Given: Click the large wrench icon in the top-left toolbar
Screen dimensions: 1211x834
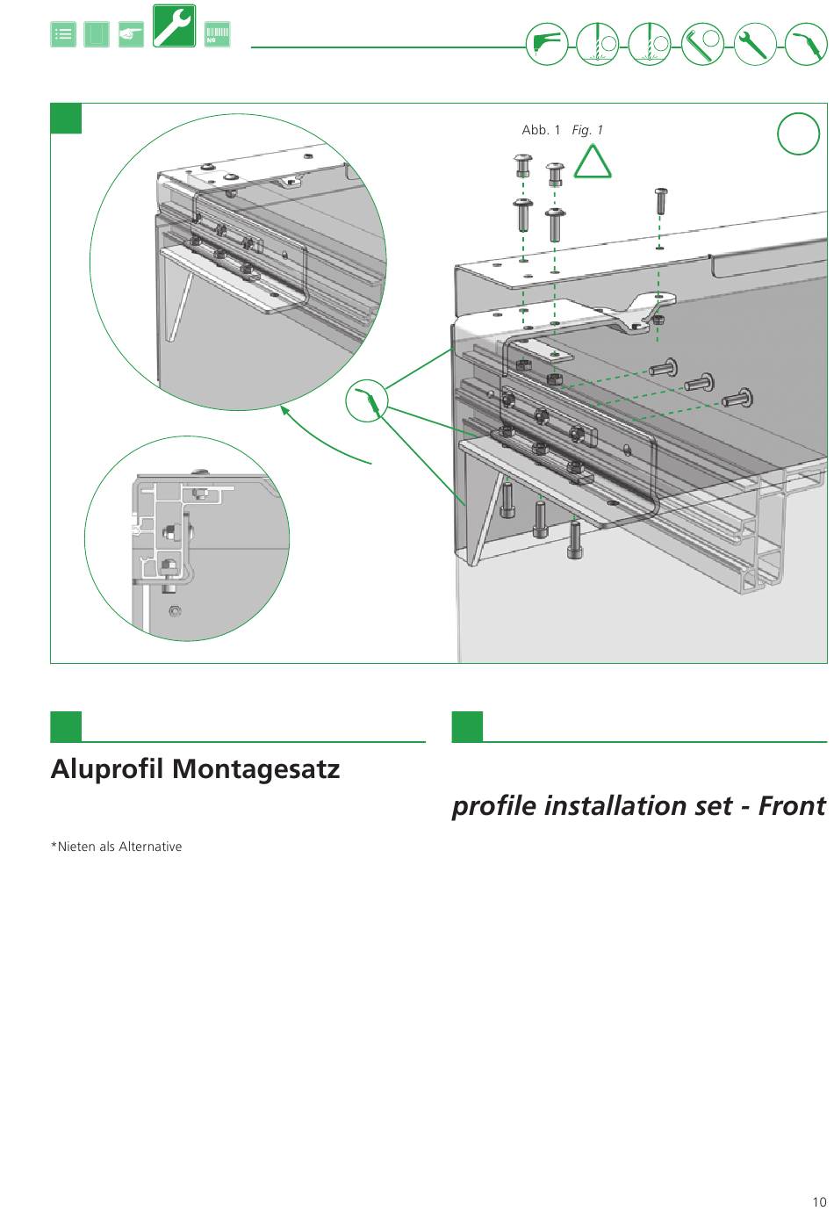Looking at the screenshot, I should point(174,26).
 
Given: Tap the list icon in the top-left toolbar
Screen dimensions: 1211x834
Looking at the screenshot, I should point(63,34).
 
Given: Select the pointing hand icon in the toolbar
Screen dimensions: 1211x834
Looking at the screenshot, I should point(131,34).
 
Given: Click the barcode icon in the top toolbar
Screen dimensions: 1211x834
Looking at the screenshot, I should point(217,34).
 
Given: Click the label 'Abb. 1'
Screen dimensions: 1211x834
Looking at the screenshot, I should point(541,130).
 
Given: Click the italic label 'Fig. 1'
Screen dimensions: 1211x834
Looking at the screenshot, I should point(587,130).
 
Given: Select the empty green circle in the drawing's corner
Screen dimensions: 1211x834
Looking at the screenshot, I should point(798,134).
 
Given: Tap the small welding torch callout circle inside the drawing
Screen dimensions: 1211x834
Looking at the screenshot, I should point(366,401).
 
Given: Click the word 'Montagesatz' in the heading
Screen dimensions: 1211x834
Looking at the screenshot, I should point(255,769).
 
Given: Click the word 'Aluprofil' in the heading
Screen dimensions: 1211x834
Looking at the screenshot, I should point(107,769).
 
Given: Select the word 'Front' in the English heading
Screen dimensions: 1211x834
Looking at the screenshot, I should point(791,805).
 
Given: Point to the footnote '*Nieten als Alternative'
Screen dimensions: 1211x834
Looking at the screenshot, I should point(116,847).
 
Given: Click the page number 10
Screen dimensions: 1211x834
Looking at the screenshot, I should point(819,1202).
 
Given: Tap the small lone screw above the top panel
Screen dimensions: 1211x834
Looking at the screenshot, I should point(660,200).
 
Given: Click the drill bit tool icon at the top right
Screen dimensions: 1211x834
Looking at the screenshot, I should point(598,44).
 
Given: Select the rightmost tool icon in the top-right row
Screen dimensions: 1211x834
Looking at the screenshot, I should point(805,44).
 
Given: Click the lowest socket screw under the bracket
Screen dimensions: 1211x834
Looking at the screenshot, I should point(574,539).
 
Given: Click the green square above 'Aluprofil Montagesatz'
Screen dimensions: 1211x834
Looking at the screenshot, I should point(66,726).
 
